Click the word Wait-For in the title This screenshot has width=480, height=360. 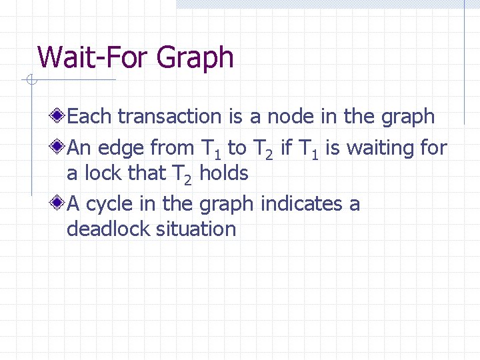94,57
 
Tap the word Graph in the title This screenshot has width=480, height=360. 195,59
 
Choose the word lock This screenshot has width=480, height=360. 102,174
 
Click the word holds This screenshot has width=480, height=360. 224,174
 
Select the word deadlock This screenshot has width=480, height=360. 108,229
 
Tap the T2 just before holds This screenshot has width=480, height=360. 182,175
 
